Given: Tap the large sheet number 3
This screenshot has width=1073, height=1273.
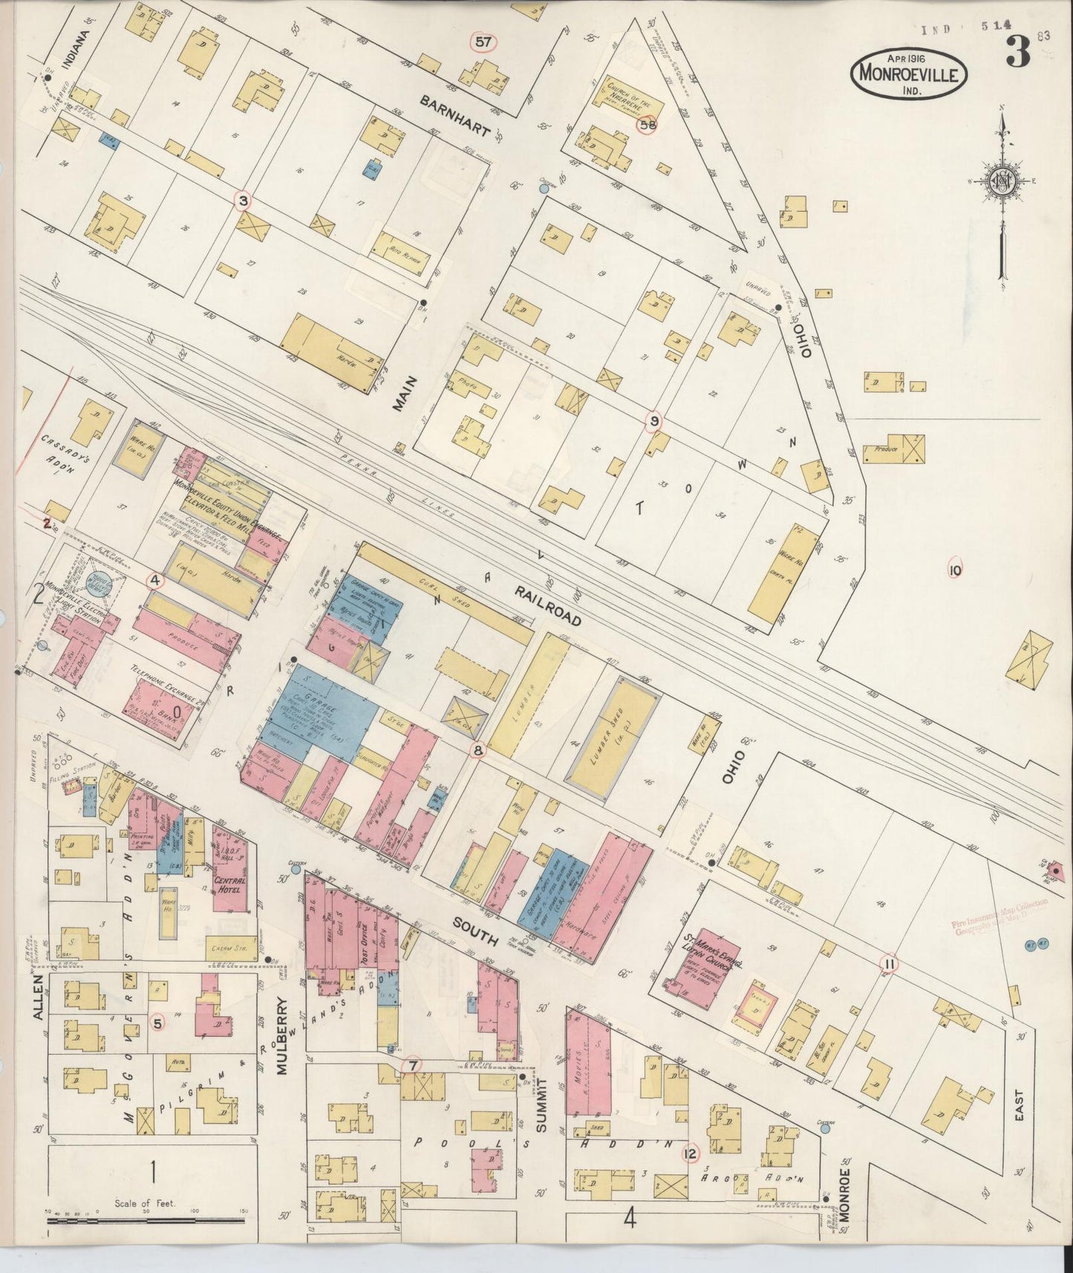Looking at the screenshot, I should click(1018, 51).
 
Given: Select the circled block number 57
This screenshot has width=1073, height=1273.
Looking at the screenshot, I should click(483, 42).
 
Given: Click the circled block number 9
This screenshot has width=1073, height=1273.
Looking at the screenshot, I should click(653, 422).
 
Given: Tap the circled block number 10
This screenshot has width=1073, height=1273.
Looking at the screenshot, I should click(955, 570).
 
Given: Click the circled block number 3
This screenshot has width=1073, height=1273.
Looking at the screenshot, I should click(242, 200).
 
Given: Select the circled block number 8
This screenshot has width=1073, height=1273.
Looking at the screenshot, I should click(478, 751).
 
